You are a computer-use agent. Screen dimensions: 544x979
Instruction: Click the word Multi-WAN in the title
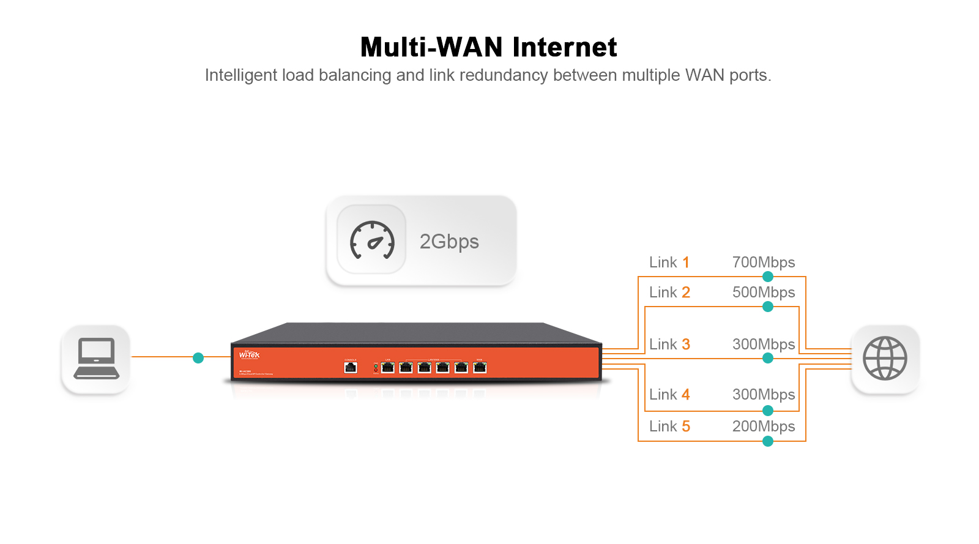[431, 48]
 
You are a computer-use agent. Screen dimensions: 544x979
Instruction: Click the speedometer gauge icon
[371, 240]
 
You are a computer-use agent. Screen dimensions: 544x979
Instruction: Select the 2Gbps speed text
[449, 242]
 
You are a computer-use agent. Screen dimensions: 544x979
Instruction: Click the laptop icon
[96, 359]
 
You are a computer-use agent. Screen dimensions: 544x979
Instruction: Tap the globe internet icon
[885, 359]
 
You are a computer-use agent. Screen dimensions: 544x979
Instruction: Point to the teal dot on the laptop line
[198, 358]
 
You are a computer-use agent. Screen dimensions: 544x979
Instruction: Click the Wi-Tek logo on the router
[249, 355]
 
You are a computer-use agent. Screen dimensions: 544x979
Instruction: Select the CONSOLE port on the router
[351, 367]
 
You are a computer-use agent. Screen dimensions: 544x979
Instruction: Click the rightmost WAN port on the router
[480, 367]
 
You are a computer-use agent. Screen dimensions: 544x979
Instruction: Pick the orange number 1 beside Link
[686, 263]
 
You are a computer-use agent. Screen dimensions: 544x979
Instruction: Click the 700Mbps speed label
[764, 263]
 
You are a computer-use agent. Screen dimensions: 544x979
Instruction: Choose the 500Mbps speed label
[764, 292]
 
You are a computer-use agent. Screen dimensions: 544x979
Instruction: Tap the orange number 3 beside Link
[686, 345]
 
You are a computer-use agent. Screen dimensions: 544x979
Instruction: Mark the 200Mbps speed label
[764, 427]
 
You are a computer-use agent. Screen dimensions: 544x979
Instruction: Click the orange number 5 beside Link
[686, 427]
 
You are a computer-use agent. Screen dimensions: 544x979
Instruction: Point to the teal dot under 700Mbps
[768, 277]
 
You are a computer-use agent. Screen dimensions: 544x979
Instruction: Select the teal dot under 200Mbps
[768, 441]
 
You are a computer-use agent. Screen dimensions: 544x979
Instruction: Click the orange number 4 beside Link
[686, 395]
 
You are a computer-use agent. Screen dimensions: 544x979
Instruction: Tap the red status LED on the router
[376, 370]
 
